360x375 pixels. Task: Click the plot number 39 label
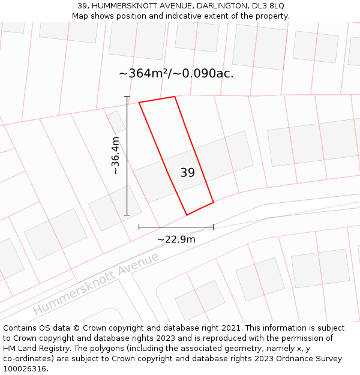[x=187, y=173]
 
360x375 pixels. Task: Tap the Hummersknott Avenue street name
[x=96, y=284]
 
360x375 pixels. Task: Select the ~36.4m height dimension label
[x=116, y=155]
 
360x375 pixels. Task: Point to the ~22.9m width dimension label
[x=176, y=239]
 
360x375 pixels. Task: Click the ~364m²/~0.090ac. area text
[x=176, y=74]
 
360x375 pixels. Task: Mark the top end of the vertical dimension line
[x=127, y=96]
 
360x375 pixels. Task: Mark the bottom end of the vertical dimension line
[x=127, y=215]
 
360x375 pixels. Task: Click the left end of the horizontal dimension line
[x=139, y=227]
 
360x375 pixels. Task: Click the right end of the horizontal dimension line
[x=214, y=227]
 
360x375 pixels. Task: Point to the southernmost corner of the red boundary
[x=187, y=215]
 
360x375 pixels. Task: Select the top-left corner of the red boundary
[x=139, y=103]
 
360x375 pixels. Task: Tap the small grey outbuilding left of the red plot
[x=116, y=121]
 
